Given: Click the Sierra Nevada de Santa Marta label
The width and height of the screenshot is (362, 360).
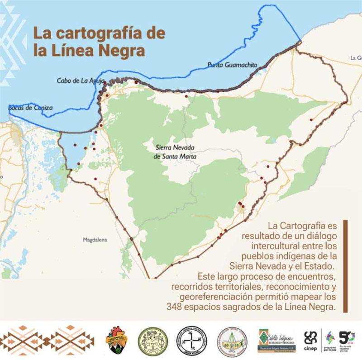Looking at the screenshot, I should coord(175,152).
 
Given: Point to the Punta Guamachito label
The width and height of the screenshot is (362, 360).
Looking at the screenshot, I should coord(232,65).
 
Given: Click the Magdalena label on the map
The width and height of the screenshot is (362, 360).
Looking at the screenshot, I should coord(95,240).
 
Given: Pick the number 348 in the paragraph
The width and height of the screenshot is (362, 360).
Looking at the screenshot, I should coord(176,307).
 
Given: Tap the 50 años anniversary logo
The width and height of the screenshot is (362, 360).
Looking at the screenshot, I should coord(347,339).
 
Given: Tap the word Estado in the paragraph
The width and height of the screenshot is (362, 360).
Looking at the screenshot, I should coord(320,266).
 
